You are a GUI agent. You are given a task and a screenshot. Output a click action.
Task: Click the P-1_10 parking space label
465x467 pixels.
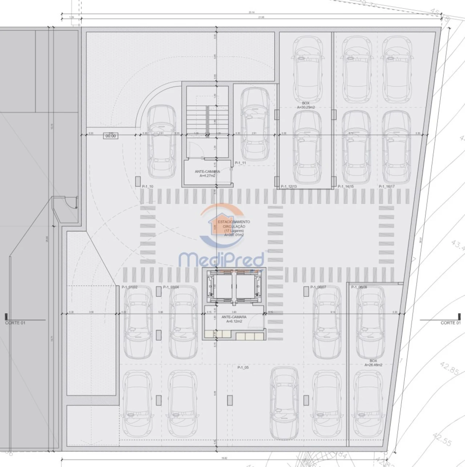[147, 186]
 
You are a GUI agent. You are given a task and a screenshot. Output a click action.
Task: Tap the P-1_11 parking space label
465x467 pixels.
[240, 163]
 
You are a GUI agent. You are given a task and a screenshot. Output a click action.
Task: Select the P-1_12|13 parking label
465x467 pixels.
[289, 186]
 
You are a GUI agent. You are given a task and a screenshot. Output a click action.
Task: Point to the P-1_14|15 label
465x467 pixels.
[346, 186]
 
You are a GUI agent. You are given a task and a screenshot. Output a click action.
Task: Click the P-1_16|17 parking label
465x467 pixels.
[387, 186]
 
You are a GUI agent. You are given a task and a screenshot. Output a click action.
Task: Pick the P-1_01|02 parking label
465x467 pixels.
[130, 287]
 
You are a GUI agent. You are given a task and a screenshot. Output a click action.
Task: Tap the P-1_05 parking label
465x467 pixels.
[243, 367]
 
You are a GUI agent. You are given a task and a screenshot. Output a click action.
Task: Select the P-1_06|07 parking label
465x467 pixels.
[318, 287]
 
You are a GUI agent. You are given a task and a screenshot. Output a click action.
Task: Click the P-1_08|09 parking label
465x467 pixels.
[359, 287]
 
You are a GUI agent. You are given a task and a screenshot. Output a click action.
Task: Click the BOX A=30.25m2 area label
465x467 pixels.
[306, 105]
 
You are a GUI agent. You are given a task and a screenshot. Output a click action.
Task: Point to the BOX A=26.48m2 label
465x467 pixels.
[373, 362]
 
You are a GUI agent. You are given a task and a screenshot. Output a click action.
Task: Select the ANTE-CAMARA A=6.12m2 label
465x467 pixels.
[234, 319]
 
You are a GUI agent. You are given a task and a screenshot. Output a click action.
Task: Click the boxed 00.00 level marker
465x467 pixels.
[110, 136]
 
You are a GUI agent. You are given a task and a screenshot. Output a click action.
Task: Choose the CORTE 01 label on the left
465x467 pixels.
[15, 323]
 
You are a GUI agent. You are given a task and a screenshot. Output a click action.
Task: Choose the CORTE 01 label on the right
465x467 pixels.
[450, 323]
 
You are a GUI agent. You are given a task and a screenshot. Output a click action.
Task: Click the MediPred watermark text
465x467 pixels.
[222, 260]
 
